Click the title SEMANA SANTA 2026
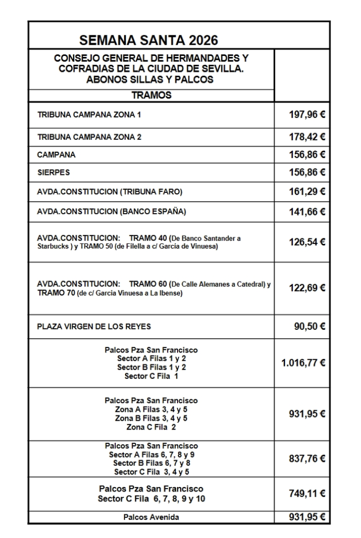tap(149, 39)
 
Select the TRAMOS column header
tap(151, 96)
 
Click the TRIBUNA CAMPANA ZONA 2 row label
tap(89, 137)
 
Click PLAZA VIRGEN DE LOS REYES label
tap(94, 326)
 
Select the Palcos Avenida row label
tap(151, 516)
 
